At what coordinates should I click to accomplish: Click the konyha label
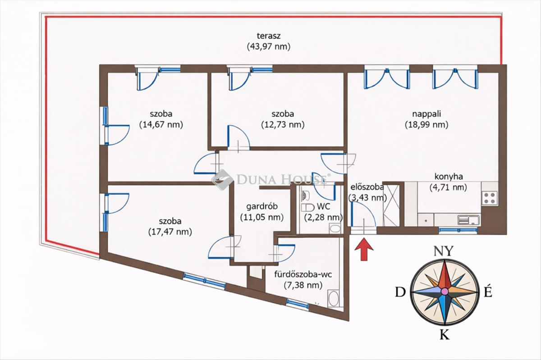(x=449, y=177)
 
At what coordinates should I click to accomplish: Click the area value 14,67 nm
(x=161, y=125)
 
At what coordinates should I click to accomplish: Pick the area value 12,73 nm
(x=283, y=125)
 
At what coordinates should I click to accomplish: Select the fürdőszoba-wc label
(x=303, y=274)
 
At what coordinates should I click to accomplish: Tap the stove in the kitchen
(x=490, y=197)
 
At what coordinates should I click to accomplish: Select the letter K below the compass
(x=444, y=334)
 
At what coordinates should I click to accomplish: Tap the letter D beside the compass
(x=399, y=292)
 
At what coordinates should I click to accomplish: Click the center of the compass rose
(x=445, y=292)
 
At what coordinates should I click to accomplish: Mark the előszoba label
(x=366, y=186)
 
